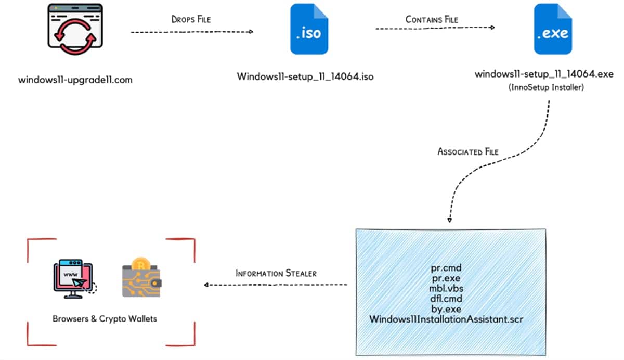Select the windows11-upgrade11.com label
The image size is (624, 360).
(x=75, y=80)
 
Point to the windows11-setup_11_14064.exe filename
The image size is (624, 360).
(x=544, y=74)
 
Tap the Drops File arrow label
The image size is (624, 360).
(x=191, y=19)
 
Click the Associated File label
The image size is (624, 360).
(x=468, y=152)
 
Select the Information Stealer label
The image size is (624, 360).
(x=276, y=273)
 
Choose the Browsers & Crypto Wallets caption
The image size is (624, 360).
(x=105, y=318)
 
